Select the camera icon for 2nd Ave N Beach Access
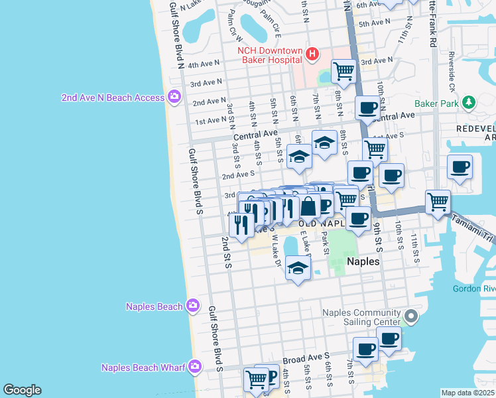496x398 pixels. [174, 97]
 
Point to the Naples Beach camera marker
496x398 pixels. [193, 306]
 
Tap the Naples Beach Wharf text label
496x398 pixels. [143, 367]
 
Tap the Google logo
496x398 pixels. [22, 390]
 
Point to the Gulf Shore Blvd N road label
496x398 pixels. [176, 33]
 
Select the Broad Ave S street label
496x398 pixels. [306, 359]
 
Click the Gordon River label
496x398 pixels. [473, 289]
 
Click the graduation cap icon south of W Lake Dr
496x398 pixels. [298, 269]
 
